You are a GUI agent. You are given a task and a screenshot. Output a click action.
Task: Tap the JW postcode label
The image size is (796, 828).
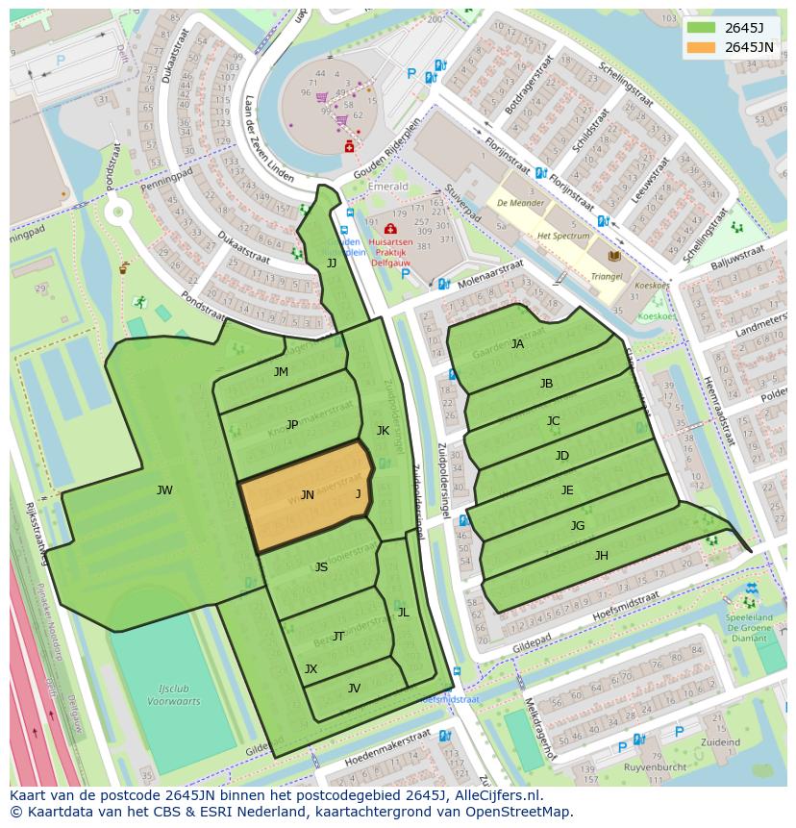[164, 490]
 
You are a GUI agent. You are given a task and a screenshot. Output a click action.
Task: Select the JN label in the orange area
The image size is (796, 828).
[307, 495]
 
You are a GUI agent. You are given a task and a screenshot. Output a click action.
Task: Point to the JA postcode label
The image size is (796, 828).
[517, 344]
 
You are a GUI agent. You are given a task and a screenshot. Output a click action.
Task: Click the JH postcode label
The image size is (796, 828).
[601, 556]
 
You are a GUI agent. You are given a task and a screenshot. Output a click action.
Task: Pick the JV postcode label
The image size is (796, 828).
[354, 688]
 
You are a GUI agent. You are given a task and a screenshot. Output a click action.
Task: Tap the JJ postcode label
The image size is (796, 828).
[332, 263]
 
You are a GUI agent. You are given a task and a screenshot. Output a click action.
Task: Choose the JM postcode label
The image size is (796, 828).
[281, 372]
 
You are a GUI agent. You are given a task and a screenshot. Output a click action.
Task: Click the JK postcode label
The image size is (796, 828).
[383, 431]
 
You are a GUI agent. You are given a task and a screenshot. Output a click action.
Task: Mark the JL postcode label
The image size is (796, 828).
[403, 613]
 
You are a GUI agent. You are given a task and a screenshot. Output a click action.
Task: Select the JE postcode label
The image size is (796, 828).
[567, 490]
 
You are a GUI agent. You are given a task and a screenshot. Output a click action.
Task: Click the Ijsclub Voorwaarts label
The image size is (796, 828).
[173, 695]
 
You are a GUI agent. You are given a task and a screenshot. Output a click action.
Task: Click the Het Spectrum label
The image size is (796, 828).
[563, 236]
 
